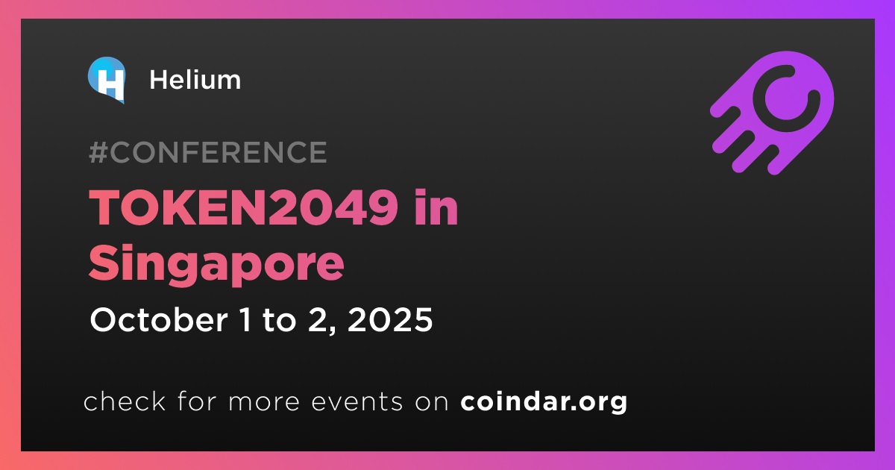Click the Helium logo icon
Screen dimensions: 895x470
(107, 80)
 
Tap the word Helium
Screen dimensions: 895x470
(195, 80)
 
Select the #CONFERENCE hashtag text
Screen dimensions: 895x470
(208, 152)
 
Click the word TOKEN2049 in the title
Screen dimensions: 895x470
(243, 207)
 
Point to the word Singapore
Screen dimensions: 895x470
(216, 264)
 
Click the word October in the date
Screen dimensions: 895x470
(159, 320)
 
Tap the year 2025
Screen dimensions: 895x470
(390, 320)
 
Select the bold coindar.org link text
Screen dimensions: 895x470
(544, 402)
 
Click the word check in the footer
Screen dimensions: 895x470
(125, 401)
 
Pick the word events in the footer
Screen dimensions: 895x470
(357, 402)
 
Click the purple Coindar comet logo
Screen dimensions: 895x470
(772, 113)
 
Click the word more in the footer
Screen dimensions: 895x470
(264, 402)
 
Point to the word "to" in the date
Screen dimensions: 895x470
(279, 321)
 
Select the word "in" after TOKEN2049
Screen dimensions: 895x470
(436, 207)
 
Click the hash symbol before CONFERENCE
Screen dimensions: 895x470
(98, 152)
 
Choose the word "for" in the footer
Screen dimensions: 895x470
(197, 401)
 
